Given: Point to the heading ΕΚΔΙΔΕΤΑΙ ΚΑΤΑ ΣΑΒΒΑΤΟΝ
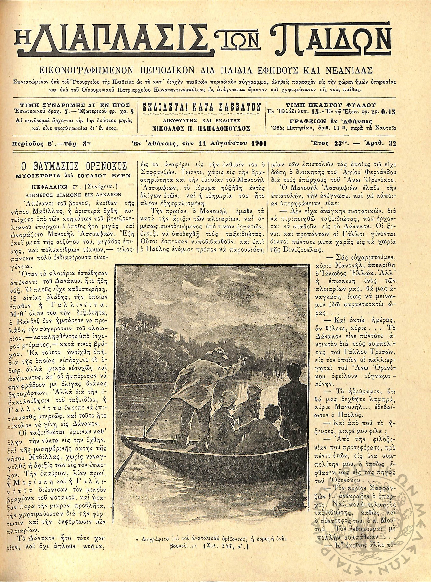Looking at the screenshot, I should point(201,107).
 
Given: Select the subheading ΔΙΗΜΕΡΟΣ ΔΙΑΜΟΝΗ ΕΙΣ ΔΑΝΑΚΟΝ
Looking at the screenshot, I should point(71,194).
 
